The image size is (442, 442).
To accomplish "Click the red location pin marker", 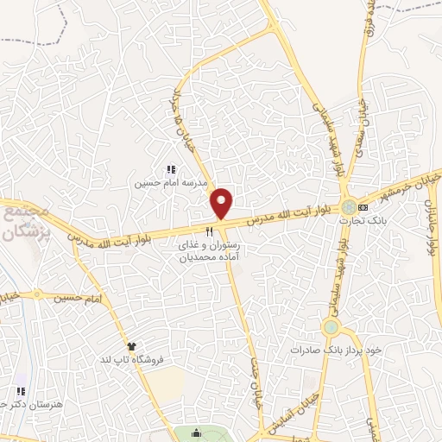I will (x=222, y=204).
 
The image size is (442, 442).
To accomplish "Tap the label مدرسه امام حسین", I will (x=169, y=184).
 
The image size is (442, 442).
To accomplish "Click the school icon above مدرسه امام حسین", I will (x=170, y=171).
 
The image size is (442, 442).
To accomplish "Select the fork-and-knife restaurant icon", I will (x=210, y=232).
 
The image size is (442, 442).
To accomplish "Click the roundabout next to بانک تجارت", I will (x=348, y=207).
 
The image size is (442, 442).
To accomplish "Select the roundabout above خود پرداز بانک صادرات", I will (x=331, y=327).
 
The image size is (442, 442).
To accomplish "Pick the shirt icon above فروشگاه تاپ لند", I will (x=131, y=346).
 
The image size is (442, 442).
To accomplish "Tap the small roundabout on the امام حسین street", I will (x=37, y=294).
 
